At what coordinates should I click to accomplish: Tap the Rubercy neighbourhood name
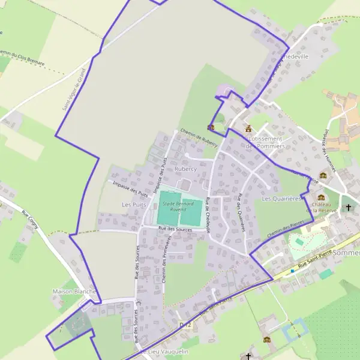pyautogui.click(x=185, y=169)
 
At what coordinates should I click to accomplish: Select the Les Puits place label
pyautogui.click(x=134, y=205)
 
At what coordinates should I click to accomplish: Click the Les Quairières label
pyautogui.click(x=281, y=199)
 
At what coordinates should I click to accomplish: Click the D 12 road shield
pyautogui.click(x=185, y=325)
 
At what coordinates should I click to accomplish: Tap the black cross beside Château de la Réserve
pyautogui.click(x=349, y=208)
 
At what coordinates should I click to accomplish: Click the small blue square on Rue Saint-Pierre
pyautogui.click(x=293, y=271)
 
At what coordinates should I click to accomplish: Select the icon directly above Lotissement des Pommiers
pyautogui.click(x=248, y=128)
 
